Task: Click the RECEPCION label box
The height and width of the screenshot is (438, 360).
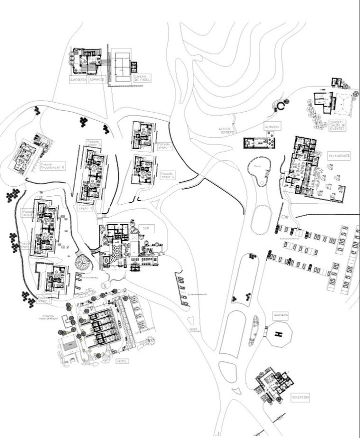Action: pyautogui.click(x=300, y=397)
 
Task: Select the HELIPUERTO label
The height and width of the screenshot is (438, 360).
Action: pyautogui.click(x=279, y=315)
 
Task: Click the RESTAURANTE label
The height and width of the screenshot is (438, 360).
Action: pyautogui.click(x=339, y=156)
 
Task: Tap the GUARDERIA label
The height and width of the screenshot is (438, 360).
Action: pyautogui.click(x=78, y=79)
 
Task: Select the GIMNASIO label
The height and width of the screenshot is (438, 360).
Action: pyautogui.click(x=97, y=79)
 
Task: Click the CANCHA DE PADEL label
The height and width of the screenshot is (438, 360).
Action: pyautogui.click(x=141, y=78)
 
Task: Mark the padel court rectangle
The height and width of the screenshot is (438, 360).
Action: pyautogui.click(x=120, y=64)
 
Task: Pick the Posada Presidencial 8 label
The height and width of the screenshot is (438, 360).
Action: pyautogui.click(x=52, y=165)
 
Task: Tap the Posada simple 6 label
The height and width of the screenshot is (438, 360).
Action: pyautogui.click(x=168, y=175)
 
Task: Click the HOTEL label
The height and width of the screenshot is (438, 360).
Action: pyautogui.click(x=122, y=361)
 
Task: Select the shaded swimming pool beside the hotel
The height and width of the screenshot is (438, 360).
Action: pyautogui.click(x=68, y=343)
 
